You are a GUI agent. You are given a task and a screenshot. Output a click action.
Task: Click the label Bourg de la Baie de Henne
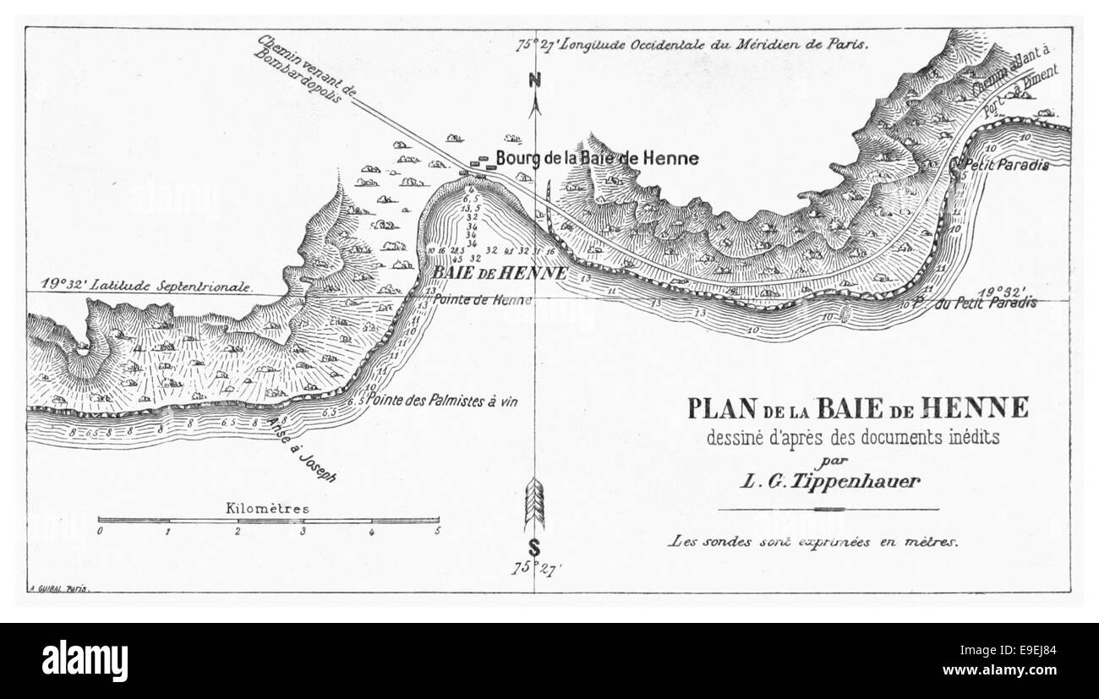[x=597, y=158]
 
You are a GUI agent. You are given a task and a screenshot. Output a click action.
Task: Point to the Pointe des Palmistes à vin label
[x=443, y=403]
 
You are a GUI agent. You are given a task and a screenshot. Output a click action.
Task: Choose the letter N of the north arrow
[x=534, y=81]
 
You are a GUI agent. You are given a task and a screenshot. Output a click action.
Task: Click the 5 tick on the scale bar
[x=438, y=532]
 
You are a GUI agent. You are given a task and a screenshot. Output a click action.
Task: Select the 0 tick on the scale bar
[x=100, y=532]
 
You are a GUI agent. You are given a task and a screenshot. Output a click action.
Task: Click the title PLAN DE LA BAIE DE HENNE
[x=857, y=408]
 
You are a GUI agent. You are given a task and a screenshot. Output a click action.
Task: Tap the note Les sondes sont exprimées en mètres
[x=812, y=542]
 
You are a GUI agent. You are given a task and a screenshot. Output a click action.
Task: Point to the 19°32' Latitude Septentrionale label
[x=139, y=286]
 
